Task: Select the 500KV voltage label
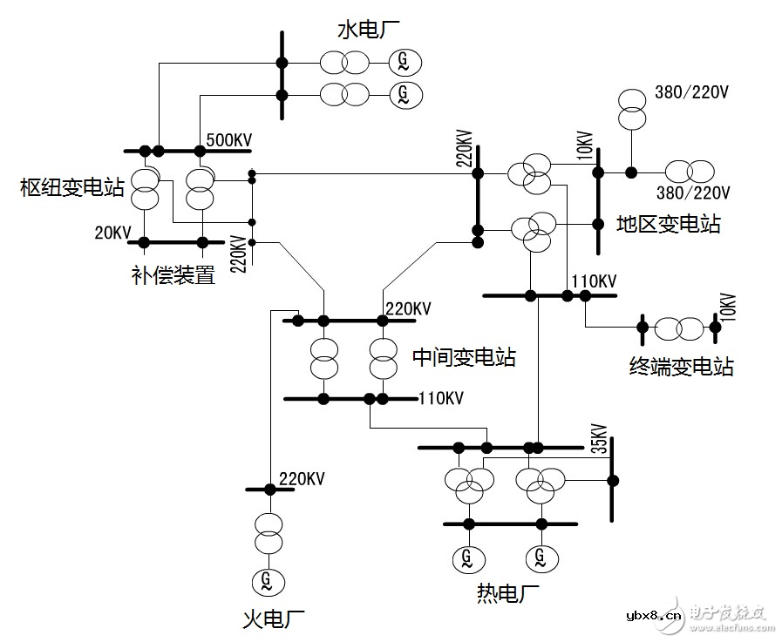click(x=228, y=140)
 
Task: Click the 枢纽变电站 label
click(x=73, y=186)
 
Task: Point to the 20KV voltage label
click(x=113, y=233)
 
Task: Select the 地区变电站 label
click(x=668, y=223)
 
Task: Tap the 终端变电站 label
click(x=681, y=366)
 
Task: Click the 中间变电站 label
click(x=463, y=357)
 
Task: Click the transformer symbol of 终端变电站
click(x=678, y=328)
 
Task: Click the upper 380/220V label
click(x=691, y=91)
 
